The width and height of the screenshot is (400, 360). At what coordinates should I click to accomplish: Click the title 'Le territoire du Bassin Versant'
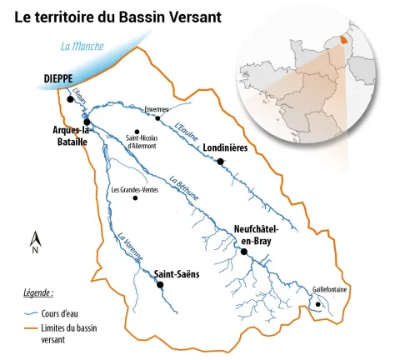[118, 16]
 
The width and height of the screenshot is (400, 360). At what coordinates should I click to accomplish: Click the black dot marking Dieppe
[70, 98]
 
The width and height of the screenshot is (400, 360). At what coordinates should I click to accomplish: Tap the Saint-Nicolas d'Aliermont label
[142, 142]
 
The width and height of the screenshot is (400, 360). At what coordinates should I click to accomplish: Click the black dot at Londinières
[220, 162]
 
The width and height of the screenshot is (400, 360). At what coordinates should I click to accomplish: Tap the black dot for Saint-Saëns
[160, 284]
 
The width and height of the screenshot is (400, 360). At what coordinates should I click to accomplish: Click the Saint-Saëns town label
[175, 272]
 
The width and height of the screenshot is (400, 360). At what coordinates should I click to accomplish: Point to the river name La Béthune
[183, 188]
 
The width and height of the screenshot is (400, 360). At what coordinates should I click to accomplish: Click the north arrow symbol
[35, 241]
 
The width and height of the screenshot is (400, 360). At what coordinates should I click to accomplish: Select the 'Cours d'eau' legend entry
[59, 313]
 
